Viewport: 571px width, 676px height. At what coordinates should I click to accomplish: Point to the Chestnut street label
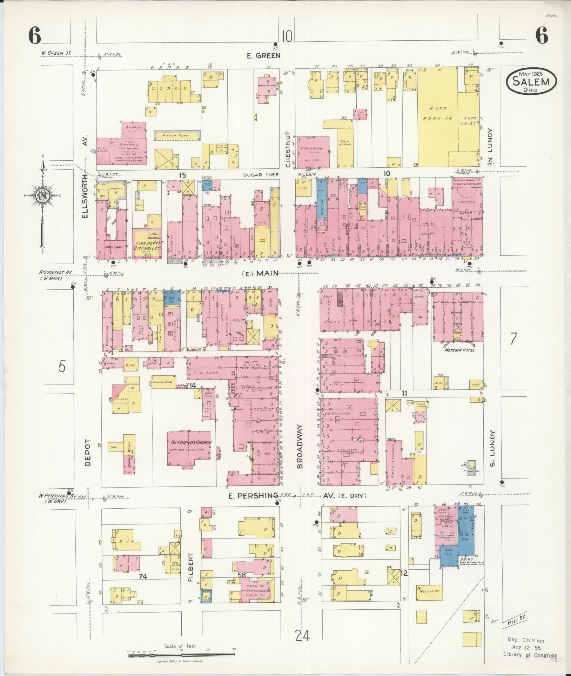click(288, 149)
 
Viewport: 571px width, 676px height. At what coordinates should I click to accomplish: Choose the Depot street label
click(88, 453)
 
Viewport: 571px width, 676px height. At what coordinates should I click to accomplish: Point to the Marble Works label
click(129, 452)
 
